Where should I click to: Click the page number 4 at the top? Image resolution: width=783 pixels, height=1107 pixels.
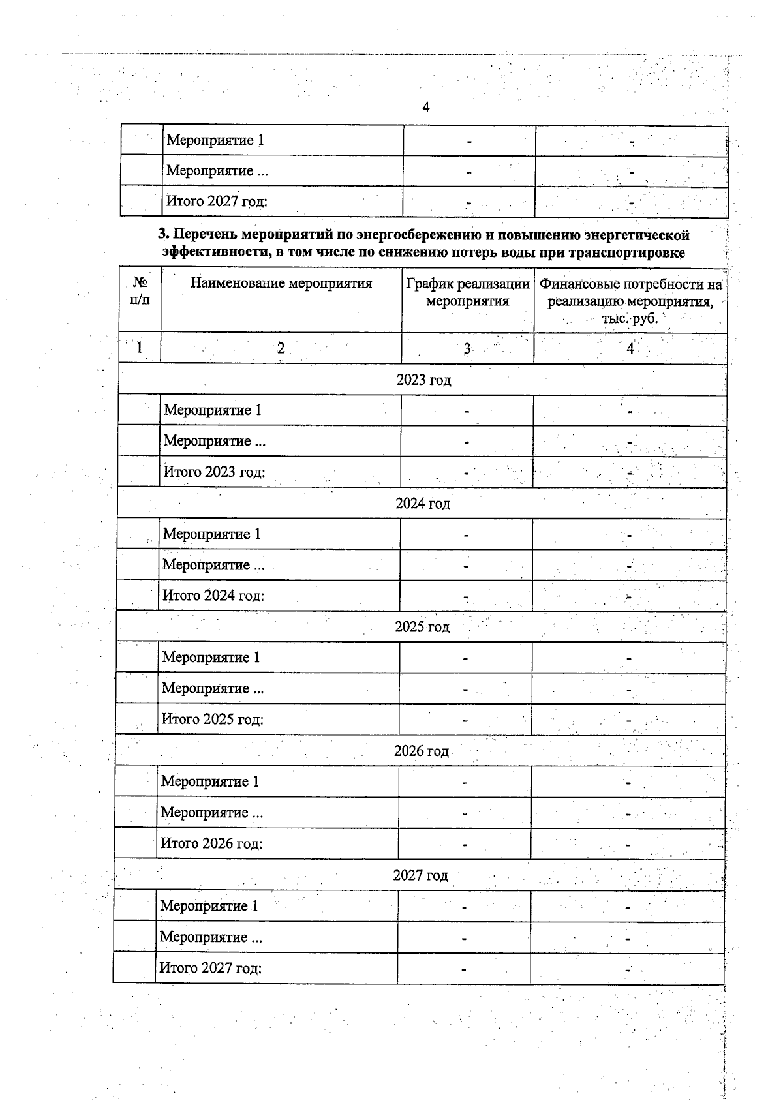pyautogui.click(x=426, y=108)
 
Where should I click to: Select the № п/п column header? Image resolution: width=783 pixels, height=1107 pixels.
pyautogui.click(x=140, y=291)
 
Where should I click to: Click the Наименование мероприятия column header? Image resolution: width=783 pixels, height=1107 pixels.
pyautogui.click(x=281, y=283)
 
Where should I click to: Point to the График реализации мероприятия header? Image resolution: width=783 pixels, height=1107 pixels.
pyautogui.click(x=467, y=292)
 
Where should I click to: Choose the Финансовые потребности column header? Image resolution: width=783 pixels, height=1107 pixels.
pyautogui.click(x=630, y=301)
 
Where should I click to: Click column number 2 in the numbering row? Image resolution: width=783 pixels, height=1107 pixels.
pyautogui.click(x=281, y=348)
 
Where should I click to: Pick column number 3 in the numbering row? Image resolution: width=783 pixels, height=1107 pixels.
pyautogui.click(x=467, y=348)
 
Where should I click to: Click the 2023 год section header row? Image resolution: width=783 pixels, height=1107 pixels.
pyautogui.click(x=423, y=380)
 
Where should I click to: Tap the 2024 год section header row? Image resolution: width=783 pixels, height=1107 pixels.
pyautogui.click(x=423, y=504)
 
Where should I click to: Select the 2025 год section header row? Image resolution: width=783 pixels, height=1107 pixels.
pyautogui.click(x=422, y=627)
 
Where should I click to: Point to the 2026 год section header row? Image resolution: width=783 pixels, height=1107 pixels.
pyautogui.click(x=422, y=751)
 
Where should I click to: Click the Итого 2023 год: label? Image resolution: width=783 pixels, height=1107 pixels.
pyautogui.click(x=214, y=472)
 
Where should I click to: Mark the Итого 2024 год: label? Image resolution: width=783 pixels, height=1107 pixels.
pyautogui.click(x=213, y=596)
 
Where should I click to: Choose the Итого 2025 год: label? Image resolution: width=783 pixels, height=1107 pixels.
pyautogui.click(x=213, y=720)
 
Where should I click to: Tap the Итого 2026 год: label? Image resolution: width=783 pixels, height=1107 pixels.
pyautogui.click(x=211, y=843)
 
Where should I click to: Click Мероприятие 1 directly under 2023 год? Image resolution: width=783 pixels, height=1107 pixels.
pyautogui.click(x=213, y=410)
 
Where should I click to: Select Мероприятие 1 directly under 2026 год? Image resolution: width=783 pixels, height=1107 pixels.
pyautogui.click(x=210, y=781)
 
